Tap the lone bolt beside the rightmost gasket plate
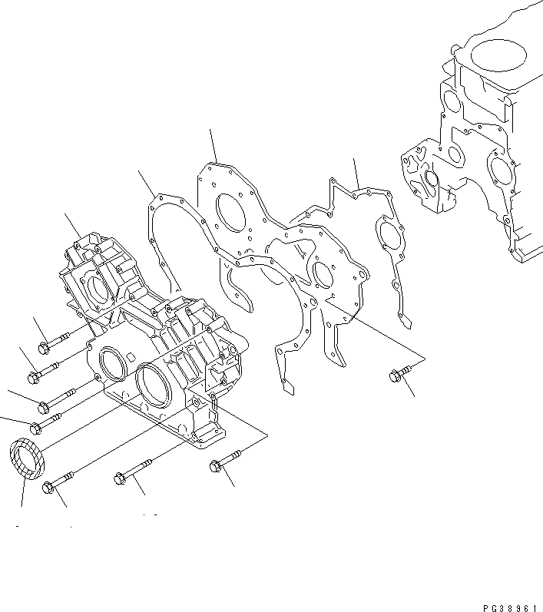tap(396, 375)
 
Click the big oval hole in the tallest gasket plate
tap(231, 212)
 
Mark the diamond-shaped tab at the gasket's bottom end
tap(286, 387)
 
